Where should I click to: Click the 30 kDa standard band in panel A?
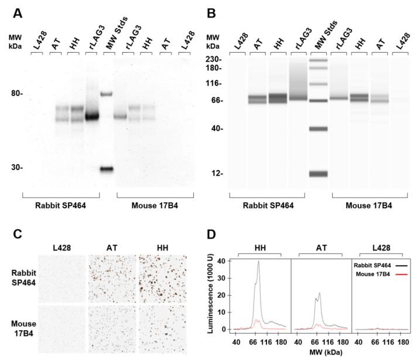tap(106, 169)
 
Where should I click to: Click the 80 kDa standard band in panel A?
tap(106, 94)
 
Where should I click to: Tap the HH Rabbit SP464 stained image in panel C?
tap(160, 270)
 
